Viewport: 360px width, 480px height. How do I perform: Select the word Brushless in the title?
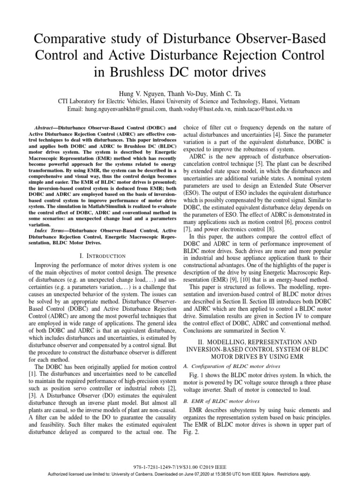(137, 73)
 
